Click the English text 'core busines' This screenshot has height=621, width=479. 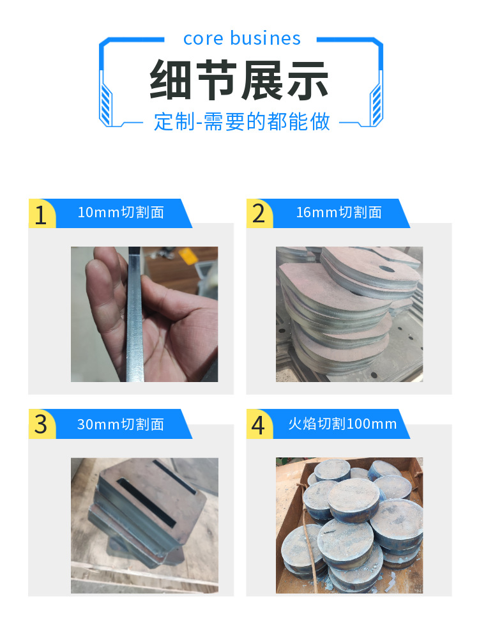(x=241, y=38)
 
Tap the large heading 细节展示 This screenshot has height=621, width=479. (x=240, y=80)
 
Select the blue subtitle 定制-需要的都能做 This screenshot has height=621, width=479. (x=242, y=121)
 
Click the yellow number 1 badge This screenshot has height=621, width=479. (x=42, y=214)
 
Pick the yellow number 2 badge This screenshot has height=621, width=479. (x=259, y=214)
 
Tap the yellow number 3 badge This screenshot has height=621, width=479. (x=42, y=424)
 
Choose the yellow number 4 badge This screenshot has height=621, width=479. (x=259, y=424)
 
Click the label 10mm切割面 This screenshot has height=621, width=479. (x=121, y=213)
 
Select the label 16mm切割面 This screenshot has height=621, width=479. (x=338, y=213)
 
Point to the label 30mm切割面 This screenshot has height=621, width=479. (x=121, y=424)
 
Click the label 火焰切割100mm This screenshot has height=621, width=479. (x=342, y=424)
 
